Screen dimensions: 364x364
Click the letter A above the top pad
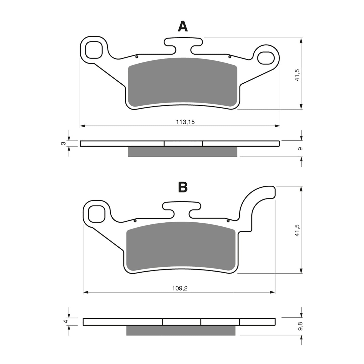tap(183, 26)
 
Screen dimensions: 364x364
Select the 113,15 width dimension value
tap(185, 122)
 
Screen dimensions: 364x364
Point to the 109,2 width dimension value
tap(180, 289)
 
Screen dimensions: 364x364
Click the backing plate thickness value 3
tap(64, 143)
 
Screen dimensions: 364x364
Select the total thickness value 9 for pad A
tap(299, 149)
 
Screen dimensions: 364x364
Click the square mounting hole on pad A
tap(94, 50)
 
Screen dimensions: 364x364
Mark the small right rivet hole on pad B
tap(228, 221)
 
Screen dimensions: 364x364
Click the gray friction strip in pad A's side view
tap(183, 151)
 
